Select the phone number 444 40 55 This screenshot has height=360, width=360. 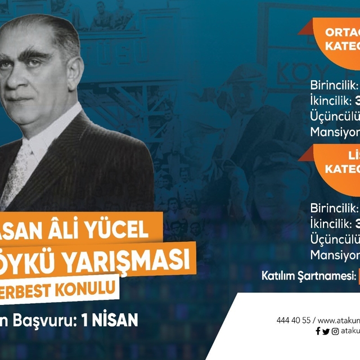click(293, 320)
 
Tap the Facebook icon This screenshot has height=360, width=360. click(318, 331)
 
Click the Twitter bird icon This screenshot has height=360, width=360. click(326, 331)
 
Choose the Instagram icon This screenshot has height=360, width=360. click(336, 331)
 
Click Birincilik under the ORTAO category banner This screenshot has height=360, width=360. click(334, 85)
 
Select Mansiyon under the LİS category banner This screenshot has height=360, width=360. click(335, 254)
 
